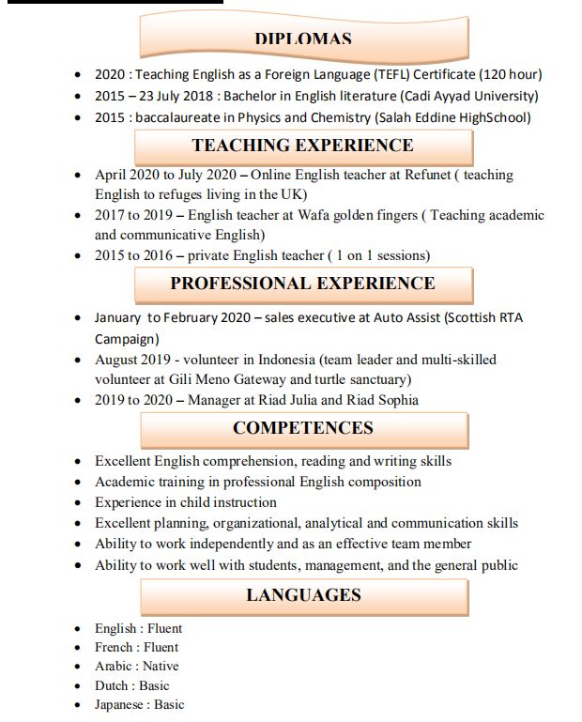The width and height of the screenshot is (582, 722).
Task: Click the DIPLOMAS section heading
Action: click(x=302, y=39)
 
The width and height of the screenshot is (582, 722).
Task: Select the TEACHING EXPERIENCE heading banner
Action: click(x=302, y=146)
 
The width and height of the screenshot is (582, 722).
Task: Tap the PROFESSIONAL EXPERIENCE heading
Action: click(x=302, y=284)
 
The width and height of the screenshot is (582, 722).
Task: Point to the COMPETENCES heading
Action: click(x=302, y=428)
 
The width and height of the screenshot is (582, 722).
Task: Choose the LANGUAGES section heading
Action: click(x=302, y=595)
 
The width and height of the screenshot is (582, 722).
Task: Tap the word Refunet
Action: click(x=428, y=175)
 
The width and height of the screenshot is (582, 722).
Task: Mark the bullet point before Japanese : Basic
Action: click(x=80, y=705)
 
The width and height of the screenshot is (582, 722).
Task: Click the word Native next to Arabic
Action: click(x=161, y=667)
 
